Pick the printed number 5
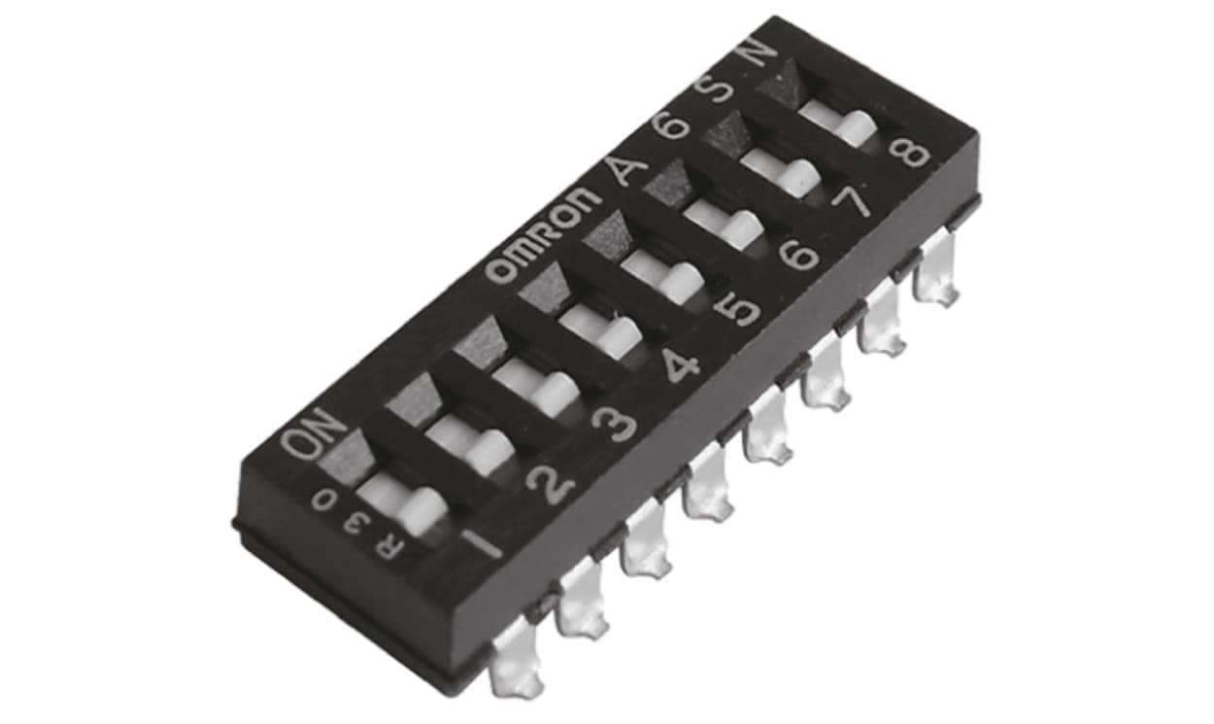742,307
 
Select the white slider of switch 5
665,277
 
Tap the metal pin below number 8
937,275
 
